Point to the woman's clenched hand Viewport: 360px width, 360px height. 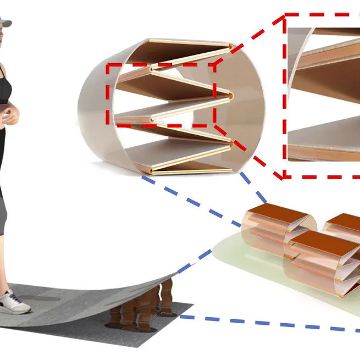click(x=9, y=115)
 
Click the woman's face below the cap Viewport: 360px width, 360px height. click(x=3, y=38)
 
